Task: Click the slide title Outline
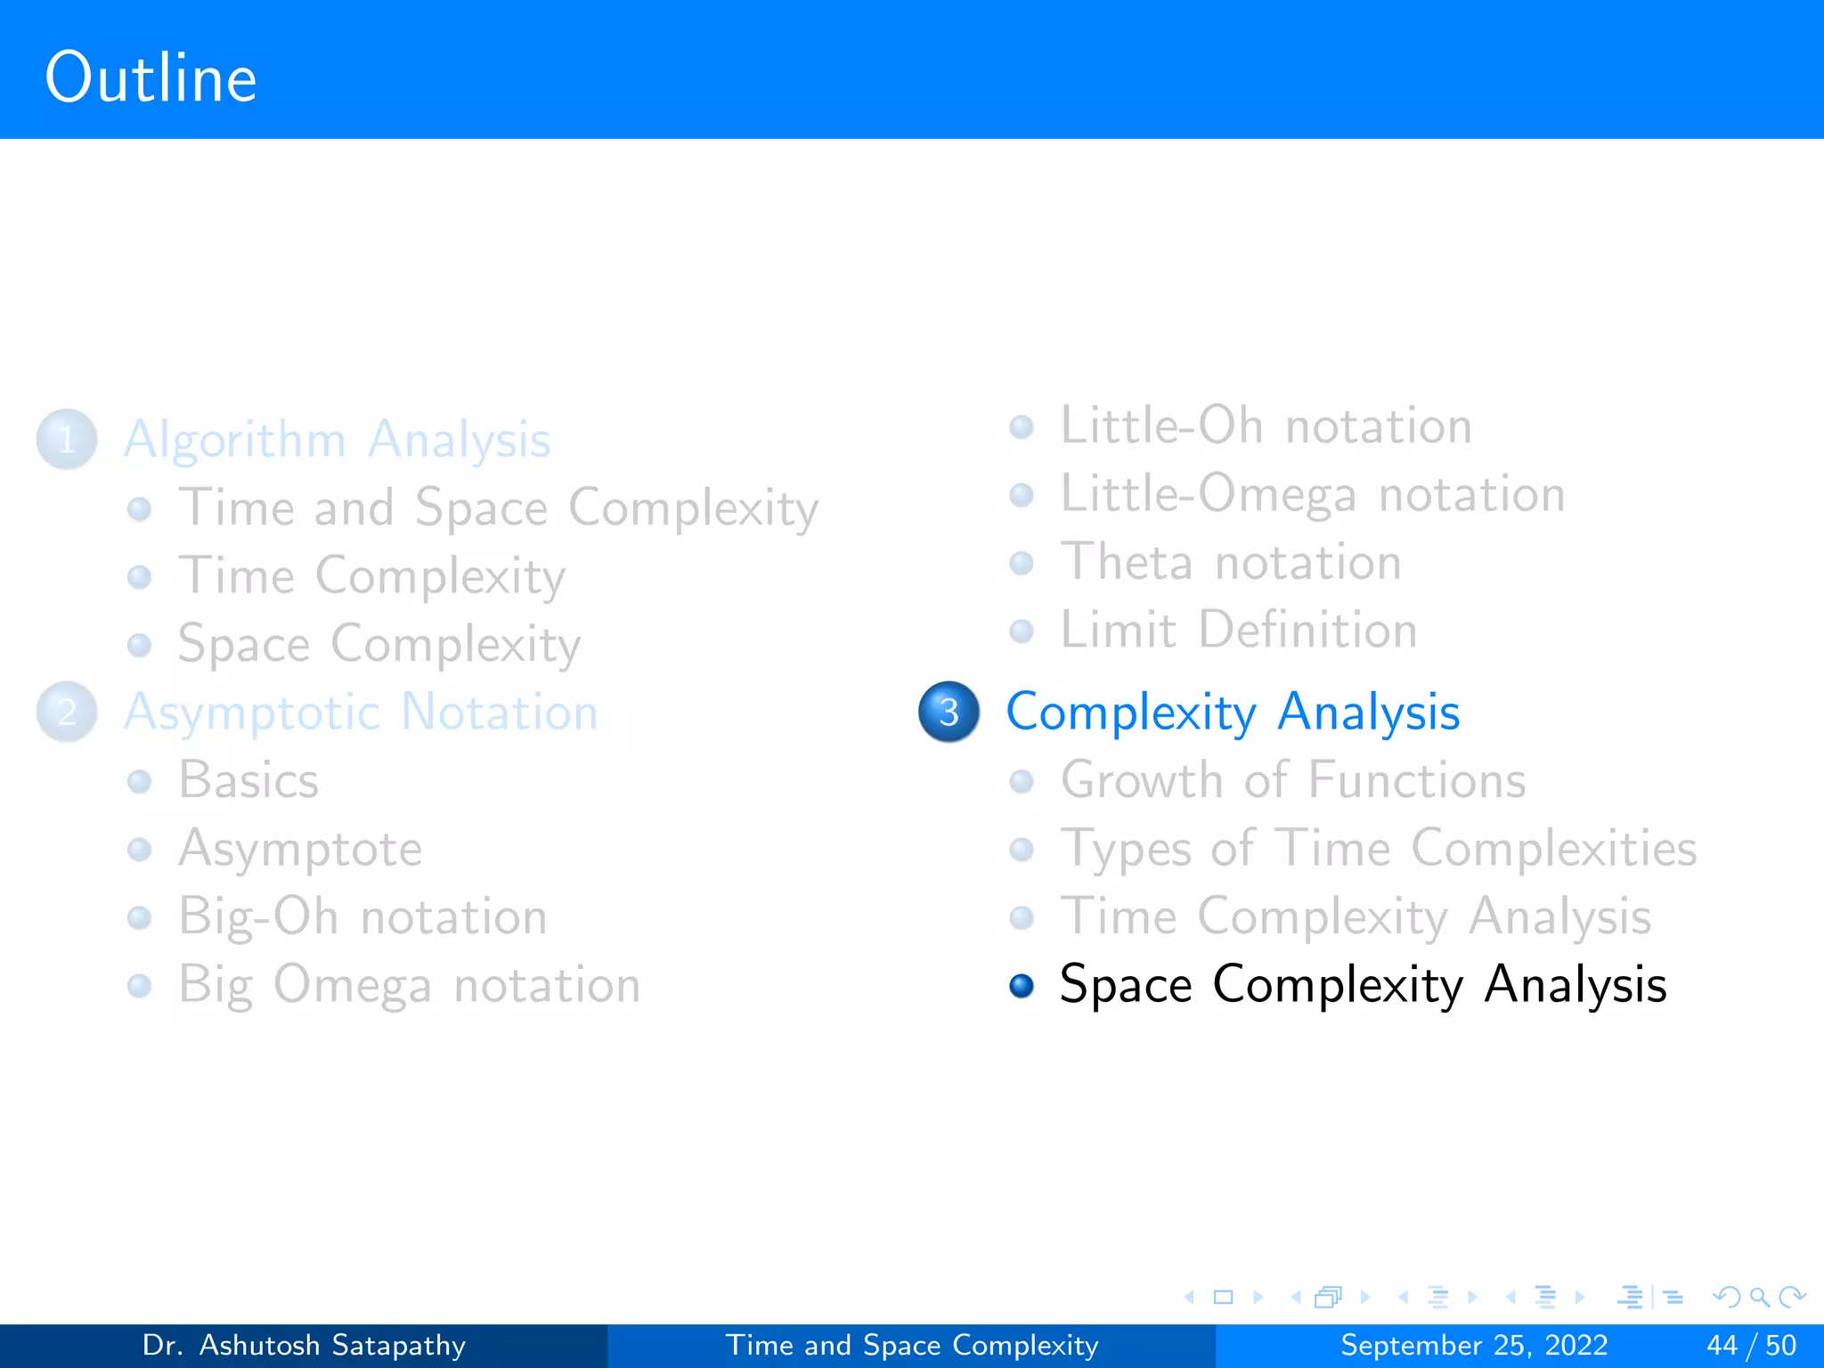[151, 78]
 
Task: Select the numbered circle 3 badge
[949, 712]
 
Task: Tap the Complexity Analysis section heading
[1233, 712]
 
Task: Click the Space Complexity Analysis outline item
[1363, 985]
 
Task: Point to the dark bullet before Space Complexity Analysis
[1022, 985]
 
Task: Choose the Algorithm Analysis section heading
[337, 439]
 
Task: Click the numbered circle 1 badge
[67, 439]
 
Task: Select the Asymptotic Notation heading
[361, 712]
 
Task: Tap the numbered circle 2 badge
[67, 712]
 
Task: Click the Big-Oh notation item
[362, 916]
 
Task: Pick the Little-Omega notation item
[1312, 494]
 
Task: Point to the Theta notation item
[1231, 562]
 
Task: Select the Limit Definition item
[1238, 631]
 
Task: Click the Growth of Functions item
[1292, 780]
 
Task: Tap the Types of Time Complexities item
[1378, 848]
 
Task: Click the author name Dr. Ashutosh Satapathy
[304, 1345]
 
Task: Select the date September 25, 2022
[1474, 1345]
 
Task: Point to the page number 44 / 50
[1751, 1345]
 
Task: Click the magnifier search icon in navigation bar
[1759, 1297]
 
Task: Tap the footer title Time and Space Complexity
[912, 1345]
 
